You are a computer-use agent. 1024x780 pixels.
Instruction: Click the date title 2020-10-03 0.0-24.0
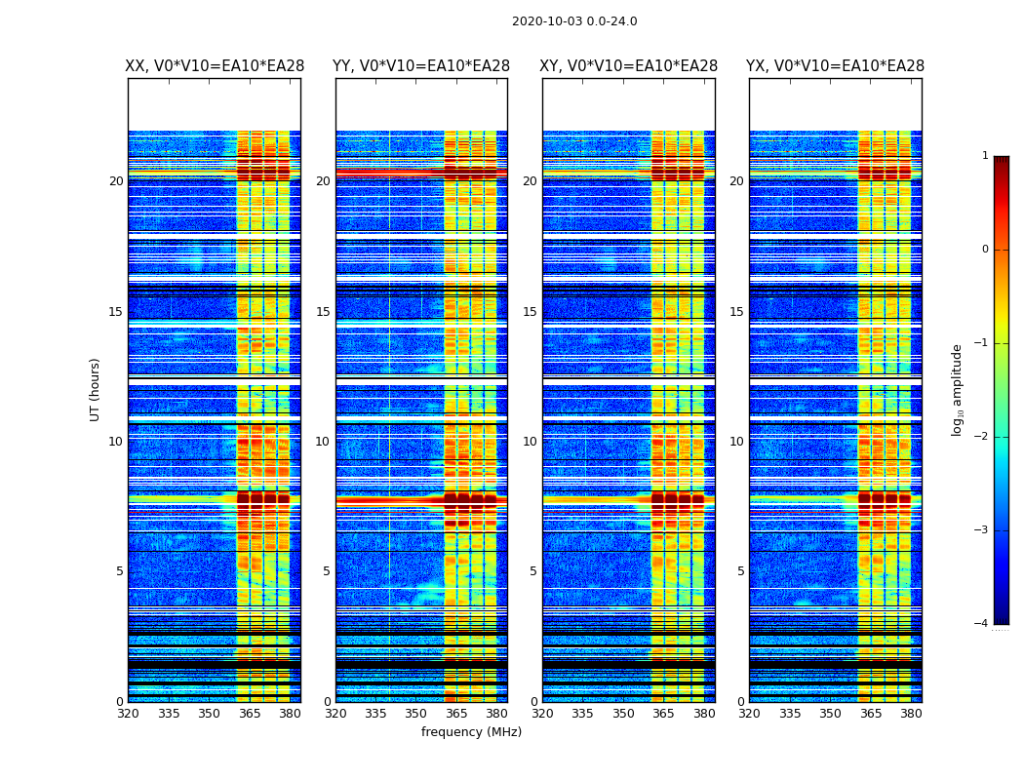coord(574,21)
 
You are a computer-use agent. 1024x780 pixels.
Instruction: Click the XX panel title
coord(215,66)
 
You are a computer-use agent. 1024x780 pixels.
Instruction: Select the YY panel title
coord(421,66)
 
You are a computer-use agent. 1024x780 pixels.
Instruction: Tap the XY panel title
coord(629,66)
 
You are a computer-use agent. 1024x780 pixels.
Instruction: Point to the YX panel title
coord(835,66)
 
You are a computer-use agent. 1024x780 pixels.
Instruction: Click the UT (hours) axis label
coord(96,389)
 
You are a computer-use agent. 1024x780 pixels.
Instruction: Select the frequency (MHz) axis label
coord(471,732)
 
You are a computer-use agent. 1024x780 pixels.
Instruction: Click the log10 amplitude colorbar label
coord(958,389)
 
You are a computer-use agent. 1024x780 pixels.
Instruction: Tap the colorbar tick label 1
coord(984,156)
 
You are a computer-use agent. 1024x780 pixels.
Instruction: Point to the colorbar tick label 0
coord(984,250)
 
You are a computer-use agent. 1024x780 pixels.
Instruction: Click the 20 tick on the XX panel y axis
coord(116,181)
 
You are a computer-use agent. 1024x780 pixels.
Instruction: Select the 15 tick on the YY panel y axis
coord(323,312)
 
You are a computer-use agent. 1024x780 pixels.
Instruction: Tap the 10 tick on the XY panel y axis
coord(530,442)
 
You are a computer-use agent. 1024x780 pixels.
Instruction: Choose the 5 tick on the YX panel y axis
coord(740,571)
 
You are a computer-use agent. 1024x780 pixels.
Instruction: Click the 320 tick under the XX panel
coord(128,714)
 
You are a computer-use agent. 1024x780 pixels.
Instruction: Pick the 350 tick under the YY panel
coord(416,714)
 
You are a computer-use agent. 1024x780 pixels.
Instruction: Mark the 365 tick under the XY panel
coord(663,714)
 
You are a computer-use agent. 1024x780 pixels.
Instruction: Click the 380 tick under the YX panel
coord(911,714)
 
